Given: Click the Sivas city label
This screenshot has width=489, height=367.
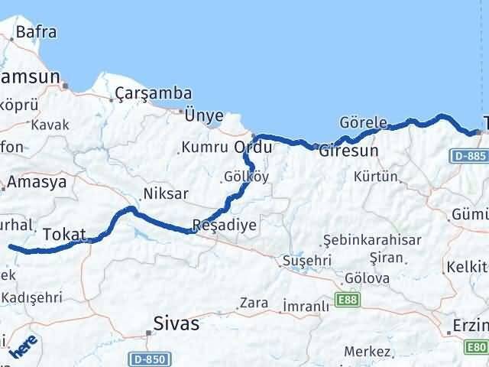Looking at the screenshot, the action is (x=176, y=323).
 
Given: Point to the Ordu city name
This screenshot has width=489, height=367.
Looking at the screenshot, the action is (x=253, y=145).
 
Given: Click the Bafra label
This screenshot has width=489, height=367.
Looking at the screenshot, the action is (x=36, y=33).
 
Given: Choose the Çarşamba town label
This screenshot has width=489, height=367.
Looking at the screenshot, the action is (x=153, y=94).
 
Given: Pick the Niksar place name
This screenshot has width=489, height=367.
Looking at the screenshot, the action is (x=165, y=193).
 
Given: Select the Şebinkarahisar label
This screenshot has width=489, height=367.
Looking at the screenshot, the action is (x=372, y=239).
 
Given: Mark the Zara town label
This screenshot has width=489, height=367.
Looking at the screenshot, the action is (x=254, y=303).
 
